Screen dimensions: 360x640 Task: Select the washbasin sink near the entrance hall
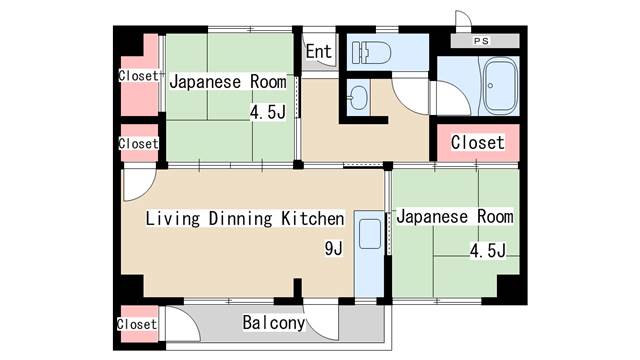click(358, 98)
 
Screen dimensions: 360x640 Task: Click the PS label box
click(482, 41)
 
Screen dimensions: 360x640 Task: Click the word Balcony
click(273, 323)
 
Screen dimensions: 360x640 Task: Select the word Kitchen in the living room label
click(312, 218)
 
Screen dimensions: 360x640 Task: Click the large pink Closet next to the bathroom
click(478, 143)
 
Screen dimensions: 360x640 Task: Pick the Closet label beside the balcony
click(137, 324)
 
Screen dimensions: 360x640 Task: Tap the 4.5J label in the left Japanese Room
click(268, 112)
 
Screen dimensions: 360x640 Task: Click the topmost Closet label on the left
click(138, 76)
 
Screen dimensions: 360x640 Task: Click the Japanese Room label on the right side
click(455, 216)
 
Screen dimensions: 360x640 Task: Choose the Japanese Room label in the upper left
click(228, 82)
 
